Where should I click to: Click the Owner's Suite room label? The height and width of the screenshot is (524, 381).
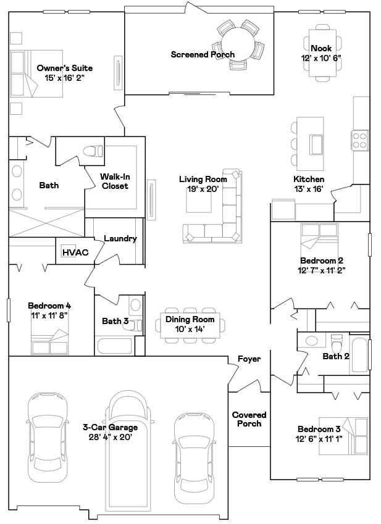(x=65, y=68)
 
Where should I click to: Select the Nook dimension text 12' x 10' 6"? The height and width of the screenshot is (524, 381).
(x=321, y=57)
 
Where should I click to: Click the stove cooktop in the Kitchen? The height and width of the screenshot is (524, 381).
(x=359, y=141)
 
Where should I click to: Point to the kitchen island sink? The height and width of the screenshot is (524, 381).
(x=317, y=144)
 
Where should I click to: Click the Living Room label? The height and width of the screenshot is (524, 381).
(x=203, y=179)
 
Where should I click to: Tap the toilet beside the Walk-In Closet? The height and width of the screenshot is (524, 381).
(x=93, y=151)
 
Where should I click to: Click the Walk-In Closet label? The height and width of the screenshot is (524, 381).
(x=114, y=181)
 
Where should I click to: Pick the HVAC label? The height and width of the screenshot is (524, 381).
(x=75, y=252)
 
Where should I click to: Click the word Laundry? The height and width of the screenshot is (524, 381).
(x=120, y=239)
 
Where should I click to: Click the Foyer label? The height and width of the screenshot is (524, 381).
(x=249, y=359)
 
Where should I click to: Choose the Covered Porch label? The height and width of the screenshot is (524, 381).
(x=249, y=419)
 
